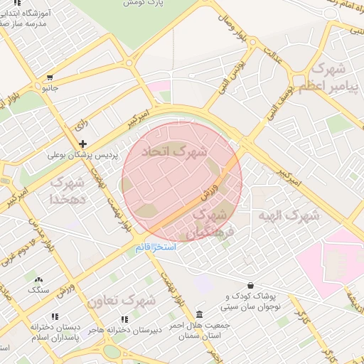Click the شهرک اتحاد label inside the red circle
tap(174, 151)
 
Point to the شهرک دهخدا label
tap(68, 192)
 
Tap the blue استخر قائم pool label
tap(155, 248)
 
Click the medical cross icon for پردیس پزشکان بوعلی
tap(83, 144)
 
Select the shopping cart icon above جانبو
tap(50, 78)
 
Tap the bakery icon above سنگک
tap(38, 280)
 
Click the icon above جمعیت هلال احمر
tap(198, 314)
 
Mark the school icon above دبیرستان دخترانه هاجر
tap(125, 319)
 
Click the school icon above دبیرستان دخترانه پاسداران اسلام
tap(55, 316)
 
